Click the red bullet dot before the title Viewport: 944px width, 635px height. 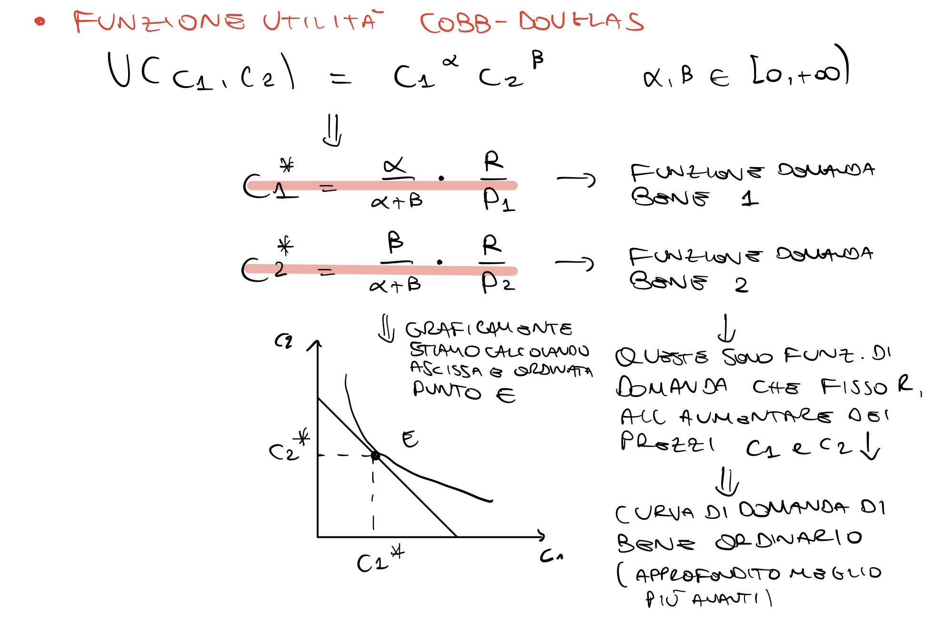coord(40,21)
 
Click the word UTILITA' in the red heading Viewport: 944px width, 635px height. coord(321,21)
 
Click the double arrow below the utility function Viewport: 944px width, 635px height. coord(333,130)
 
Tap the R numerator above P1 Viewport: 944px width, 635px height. coord(494,162)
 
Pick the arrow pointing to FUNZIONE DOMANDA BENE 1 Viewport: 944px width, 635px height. coord(576,179)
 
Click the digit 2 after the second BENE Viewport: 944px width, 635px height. coord(741,285)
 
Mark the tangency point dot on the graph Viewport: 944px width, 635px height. coord(375,456)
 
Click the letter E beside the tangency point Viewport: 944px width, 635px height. coord(410,439)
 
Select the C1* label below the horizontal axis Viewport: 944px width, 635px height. coord(379,560)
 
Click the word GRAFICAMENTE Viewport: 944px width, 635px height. coord(488,328)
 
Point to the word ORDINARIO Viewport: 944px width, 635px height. coord(788,540)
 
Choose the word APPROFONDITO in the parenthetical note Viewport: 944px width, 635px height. coord(708,575)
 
